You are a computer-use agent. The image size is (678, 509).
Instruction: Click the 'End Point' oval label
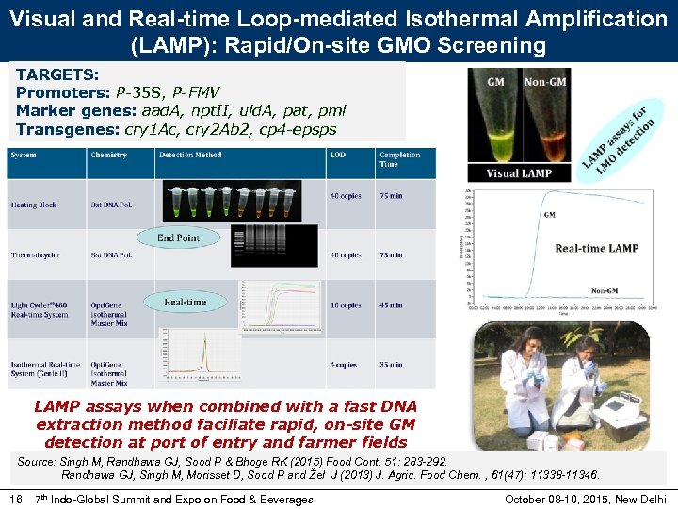pyautogui.click(x=178, y=238)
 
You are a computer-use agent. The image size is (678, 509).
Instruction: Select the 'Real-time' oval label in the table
pyautogui.click(x=185, y=302)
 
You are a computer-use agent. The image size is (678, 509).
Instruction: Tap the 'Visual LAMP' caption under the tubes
pyautogui.click(x=519, y=173)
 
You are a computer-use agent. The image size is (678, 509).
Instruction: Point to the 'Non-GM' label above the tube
pyautogui.click(x=543, y=82)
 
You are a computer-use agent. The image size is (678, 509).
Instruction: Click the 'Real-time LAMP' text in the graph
pyautogui.click(x=596, y=248)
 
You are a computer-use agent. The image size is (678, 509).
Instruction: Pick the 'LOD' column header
pyautogui.click(x=337, y=155)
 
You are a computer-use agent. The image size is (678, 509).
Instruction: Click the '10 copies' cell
pyautogui.click(x=346, y=305)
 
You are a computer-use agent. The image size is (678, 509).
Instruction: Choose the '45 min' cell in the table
pyautogui.click(x=391, y=305)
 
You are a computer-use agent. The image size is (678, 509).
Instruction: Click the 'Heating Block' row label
pyautogui.click(x=34, y=205)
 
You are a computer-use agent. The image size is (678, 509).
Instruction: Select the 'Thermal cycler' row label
pyautogui.click(x=37, y=255)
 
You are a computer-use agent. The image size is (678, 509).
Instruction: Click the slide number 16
pyautogui.click(x=15, y=499)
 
